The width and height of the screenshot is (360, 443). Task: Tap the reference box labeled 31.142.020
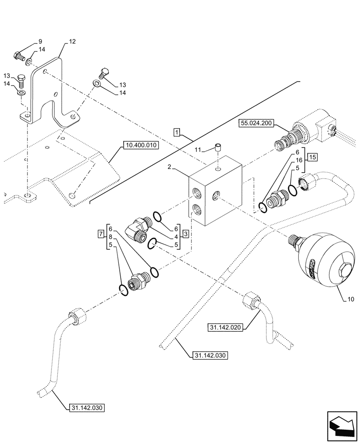click(225, 327)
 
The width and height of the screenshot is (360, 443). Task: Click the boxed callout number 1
click(176, 132)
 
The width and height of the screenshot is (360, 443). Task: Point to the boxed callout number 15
click(313, 157)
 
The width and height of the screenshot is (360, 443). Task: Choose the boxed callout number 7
click(102, 233)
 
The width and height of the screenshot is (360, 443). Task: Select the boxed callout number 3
click(186, 233)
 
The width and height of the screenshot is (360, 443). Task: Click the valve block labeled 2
click(216, 195)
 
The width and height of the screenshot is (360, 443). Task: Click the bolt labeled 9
click(19, 57)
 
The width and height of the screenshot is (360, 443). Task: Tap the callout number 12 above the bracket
click(72, 42)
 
